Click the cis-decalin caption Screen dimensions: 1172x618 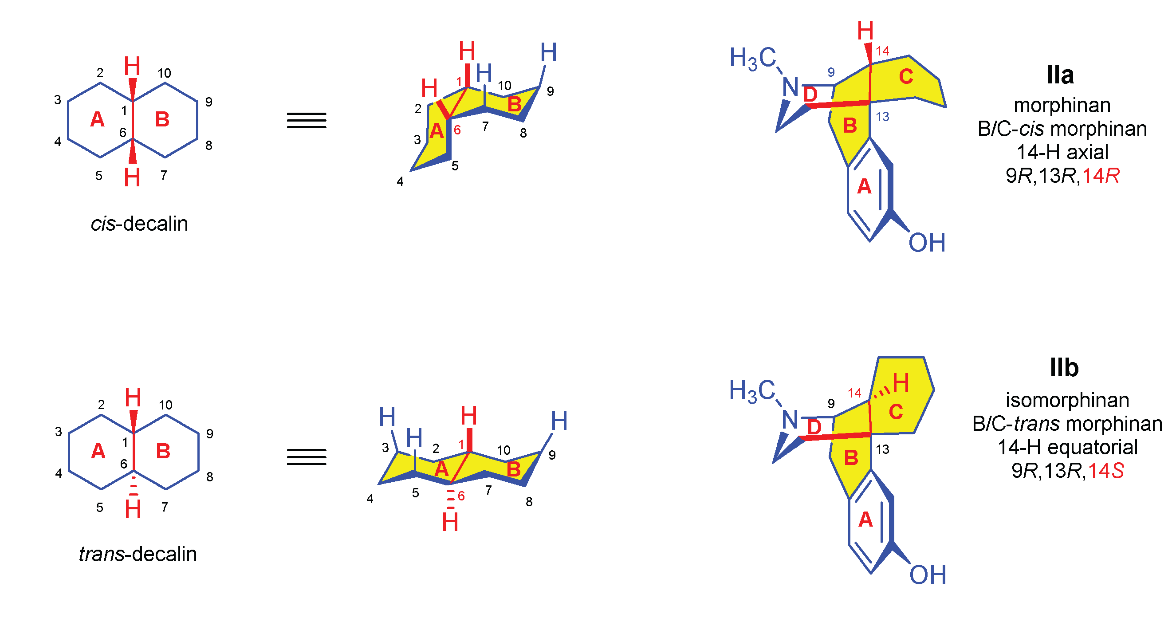point(139,224)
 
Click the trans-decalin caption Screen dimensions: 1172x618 point(138,554)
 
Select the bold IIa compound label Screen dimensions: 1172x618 point(1060,75)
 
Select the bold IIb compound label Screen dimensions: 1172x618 point(1064,368)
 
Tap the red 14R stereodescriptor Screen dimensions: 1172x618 point(1101,176)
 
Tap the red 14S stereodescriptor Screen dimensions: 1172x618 point(1105,471)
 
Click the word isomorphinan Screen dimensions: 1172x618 point(1067,401)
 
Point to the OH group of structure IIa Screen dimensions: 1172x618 point(927,243)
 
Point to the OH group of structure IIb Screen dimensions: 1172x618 point(928,575)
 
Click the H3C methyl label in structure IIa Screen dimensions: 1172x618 point(752,59)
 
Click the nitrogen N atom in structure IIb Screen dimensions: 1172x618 point(791,420)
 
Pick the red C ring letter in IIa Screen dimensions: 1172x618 point(906,76)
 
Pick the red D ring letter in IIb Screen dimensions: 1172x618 point(814,427)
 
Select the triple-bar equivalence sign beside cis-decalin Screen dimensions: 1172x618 point(306,121)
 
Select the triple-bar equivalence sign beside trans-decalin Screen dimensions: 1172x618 point(306,457)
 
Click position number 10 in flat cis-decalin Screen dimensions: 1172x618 point(164,73)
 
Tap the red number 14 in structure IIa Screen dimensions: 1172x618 point(882,51)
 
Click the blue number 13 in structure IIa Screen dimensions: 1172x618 point(882,117)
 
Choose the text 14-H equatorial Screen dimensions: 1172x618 point(1067,447)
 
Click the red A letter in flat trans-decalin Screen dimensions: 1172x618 point(98,452)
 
